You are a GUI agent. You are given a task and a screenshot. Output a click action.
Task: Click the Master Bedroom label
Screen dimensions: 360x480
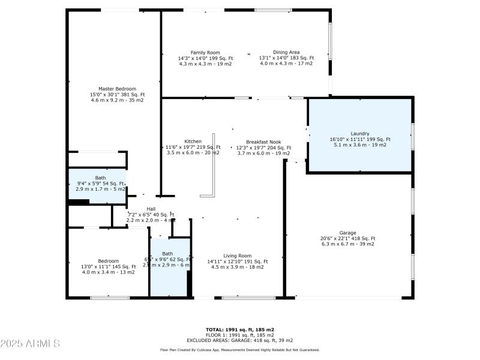[x=117, y=89]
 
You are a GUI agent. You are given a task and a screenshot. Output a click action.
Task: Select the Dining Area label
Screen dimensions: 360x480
[x=286, y=53]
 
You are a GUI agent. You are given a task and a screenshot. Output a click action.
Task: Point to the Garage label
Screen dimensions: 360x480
[x=347, y=233]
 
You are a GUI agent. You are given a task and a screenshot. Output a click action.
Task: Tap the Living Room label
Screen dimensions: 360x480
[x=237, y=256]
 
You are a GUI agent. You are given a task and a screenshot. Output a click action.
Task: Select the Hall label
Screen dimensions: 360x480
[x=151, y=209]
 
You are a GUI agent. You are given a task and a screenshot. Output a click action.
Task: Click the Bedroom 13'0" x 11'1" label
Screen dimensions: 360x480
[x=108, y=261]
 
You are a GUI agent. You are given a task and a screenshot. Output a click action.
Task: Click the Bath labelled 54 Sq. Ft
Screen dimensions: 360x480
[x=100, y=178]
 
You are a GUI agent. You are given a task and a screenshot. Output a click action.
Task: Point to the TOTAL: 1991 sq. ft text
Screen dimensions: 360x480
[x=239, y=330]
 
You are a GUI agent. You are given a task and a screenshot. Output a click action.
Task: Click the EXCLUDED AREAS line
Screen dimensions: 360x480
[x=239, y=340]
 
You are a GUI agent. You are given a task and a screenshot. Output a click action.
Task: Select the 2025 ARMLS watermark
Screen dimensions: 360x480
[x=30, y=344]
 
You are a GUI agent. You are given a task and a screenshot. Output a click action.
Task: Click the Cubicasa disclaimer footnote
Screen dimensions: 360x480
[x=239, y=350]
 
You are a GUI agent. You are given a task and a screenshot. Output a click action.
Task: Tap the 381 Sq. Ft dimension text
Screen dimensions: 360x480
[x=117, y=95]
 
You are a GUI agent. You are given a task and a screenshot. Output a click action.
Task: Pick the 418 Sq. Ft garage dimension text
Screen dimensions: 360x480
[x=347, y=238]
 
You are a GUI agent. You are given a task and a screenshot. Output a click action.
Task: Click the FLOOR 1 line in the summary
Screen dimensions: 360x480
[x=239, y=335]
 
